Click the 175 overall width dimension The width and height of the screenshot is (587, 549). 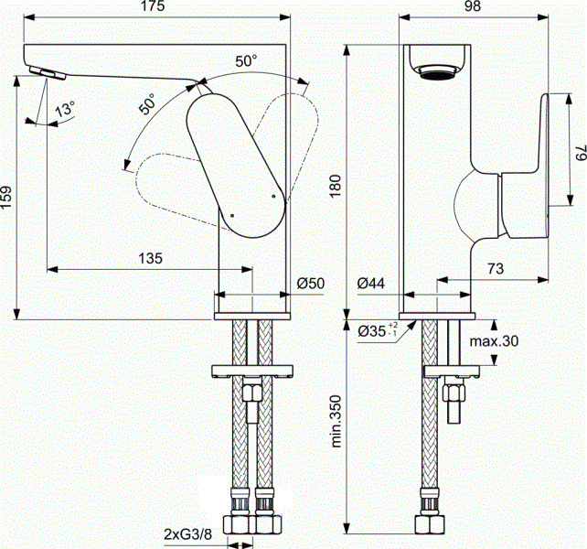tap(154, 6)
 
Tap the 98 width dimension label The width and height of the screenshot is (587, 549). tap(473, 6)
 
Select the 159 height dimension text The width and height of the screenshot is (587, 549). tap(7, 198)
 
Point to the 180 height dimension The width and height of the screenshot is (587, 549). tap(335, 186)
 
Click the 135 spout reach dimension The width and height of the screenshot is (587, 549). tap(151, 258)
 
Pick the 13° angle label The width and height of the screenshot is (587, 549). tap(65, 109)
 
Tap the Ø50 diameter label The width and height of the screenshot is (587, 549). tap(311, 284)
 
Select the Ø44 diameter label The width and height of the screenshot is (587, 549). tap(370, 284)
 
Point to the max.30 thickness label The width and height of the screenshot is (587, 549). tap(494, 341)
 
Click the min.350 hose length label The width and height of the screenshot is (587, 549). tap(336, 421)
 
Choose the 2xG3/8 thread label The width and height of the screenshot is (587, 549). tap(188, 534)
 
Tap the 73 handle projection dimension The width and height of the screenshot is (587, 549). tap(496, 268)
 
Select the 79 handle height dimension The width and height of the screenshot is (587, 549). tap(580, 153)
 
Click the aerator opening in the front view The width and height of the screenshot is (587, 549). tap(437, 72)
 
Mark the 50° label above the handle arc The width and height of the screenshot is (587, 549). tap(246, 60)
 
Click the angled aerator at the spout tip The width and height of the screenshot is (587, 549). tap(48, 73)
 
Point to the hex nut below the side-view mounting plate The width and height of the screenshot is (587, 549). tap(454, 393)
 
